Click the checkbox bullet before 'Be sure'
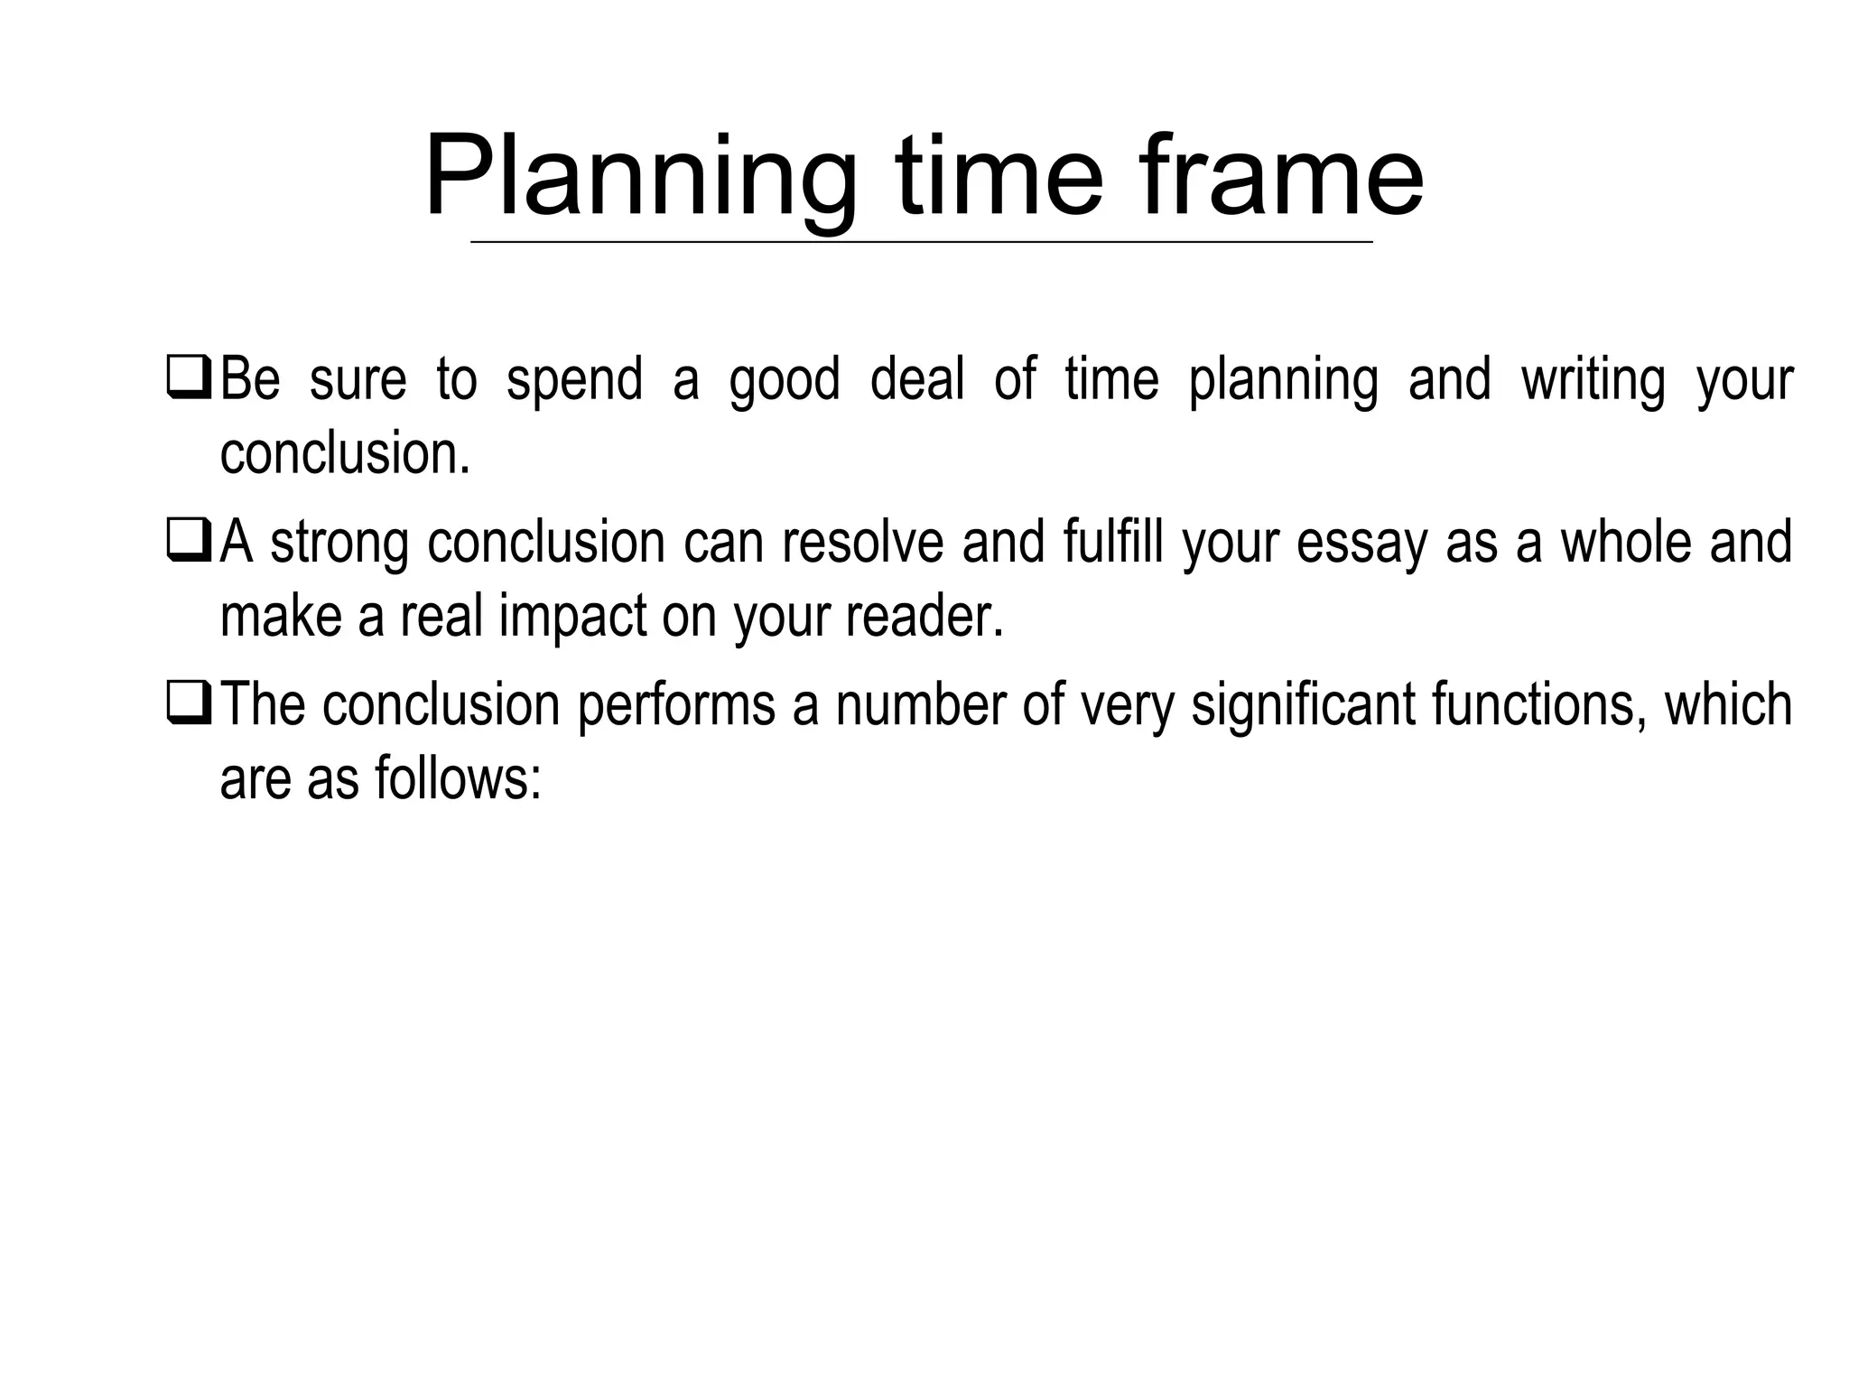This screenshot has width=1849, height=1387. (189, 380)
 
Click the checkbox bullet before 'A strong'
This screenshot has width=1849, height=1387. (189, 543)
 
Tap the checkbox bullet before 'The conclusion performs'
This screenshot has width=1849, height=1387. (189, 706)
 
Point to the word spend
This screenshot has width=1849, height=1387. (574, 380)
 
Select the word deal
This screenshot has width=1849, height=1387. (916, 378)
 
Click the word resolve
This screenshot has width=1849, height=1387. (864, 542)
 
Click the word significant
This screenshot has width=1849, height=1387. (1303, 705)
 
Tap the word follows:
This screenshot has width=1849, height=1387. (457, 777)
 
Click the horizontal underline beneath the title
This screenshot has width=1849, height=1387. (921, 242)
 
